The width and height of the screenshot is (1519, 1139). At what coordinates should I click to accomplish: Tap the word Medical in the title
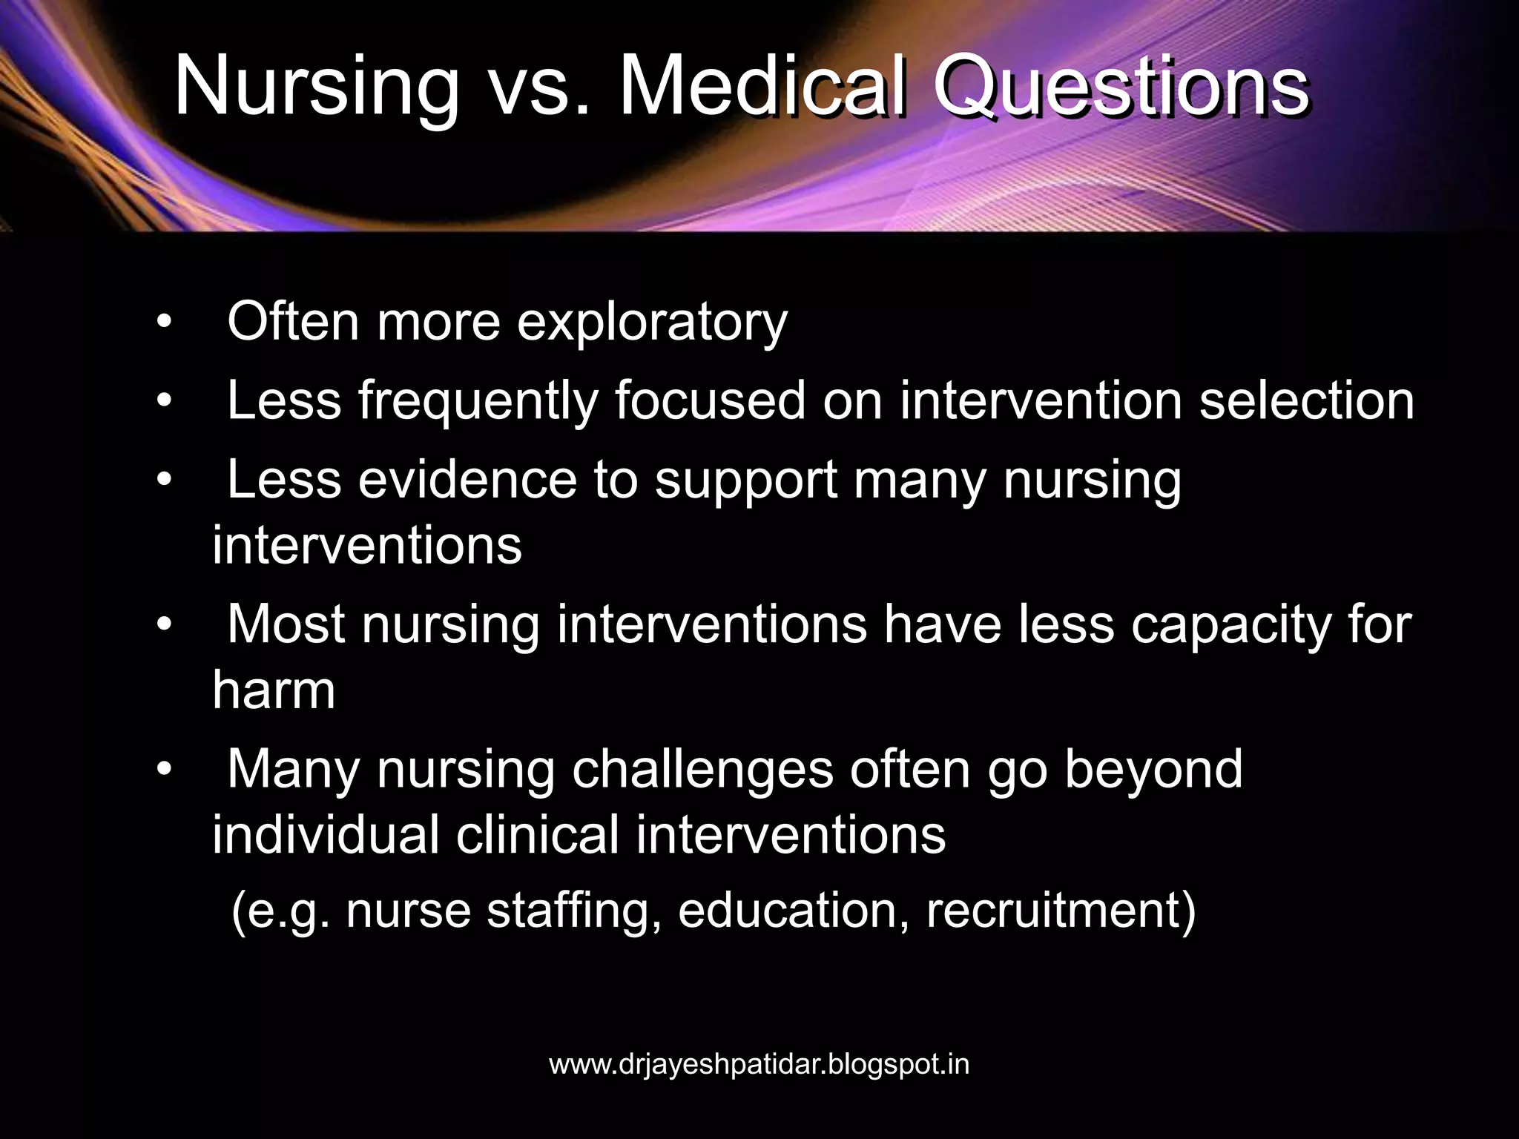(x=763, y=88)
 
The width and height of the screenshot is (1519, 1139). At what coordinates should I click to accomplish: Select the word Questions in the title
(x=1121, y=88)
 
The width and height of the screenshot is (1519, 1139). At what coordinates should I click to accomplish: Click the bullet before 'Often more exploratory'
(x=164, y=323)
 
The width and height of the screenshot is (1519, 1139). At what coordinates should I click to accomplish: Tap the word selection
(x=1307, y=400)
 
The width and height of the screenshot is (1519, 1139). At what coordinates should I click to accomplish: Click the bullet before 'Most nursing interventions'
(x=164, y=625)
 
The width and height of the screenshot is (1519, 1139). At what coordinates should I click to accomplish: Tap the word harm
(x=274, y=690)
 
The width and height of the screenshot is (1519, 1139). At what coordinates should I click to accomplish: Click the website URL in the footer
(x=759, y=1065)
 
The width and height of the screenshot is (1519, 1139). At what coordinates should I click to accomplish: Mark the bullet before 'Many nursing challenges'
(x=164, y=770)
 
